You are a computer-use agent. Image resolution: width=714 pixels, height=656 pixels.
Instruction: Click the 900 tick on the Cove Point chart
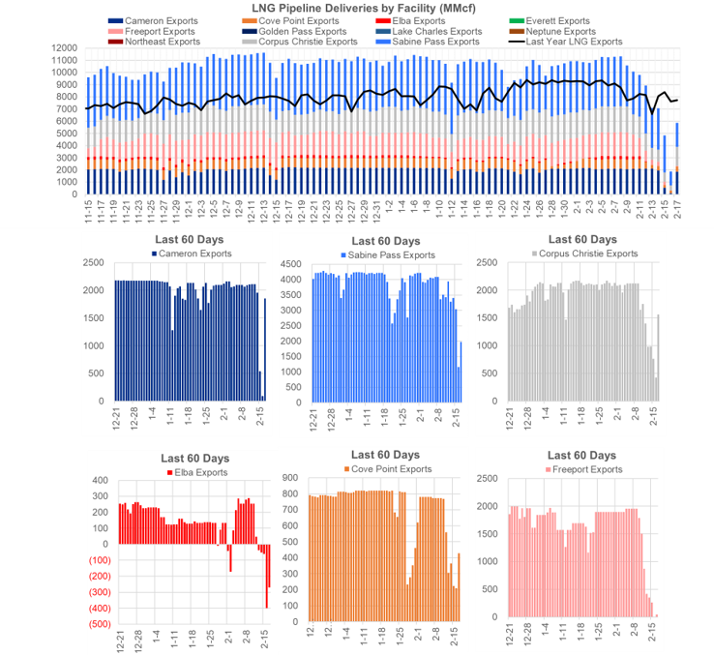coord(291,475)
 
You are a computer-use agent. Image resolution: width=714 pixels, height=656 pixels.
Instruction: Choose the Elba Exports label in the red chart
coord(198,472)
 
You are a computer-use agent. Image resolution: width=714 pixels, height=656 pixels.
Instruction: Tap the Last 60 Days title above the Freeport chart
coord(581,455)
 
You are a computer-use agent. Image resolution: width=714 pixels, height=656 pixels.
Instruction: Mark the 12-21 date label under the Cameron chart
coord(117,420)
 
